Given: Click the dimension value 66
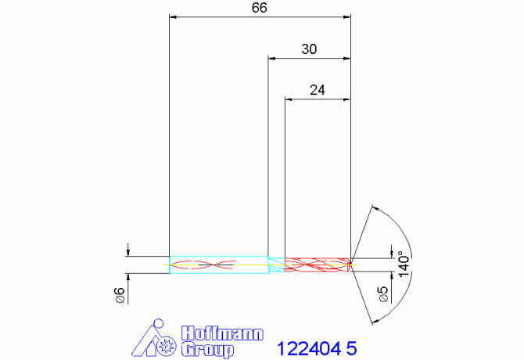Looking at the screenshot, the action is tap(260, 8).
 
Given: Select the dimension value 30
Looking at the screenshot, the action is tap(309, 49).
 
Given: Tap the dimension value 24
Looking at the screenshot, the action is tap(318, 90).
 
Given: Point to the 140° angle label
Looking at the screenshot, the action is tap(404, 266).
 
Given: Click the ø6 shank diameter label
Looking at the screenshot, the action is tap(120, 295).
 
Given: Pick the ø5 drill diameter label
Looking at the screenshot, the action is tap(384, 294).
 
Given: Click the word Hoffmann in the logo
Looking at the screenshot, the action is tap(222, 333).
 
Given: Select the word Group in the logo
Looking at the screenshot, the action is tap(207, 349).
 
